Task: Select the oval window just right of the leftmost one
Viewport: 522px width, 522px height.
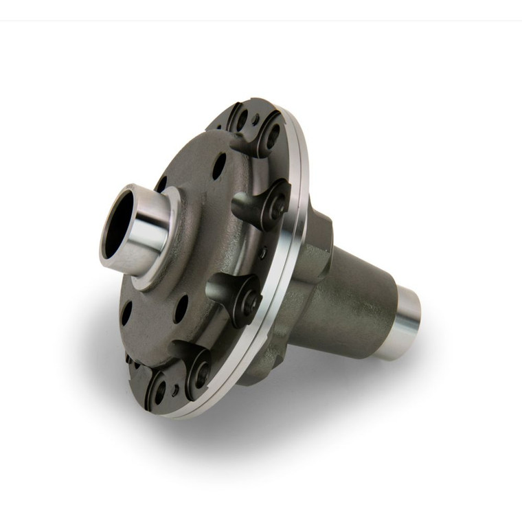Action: (x=181, y=309)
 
